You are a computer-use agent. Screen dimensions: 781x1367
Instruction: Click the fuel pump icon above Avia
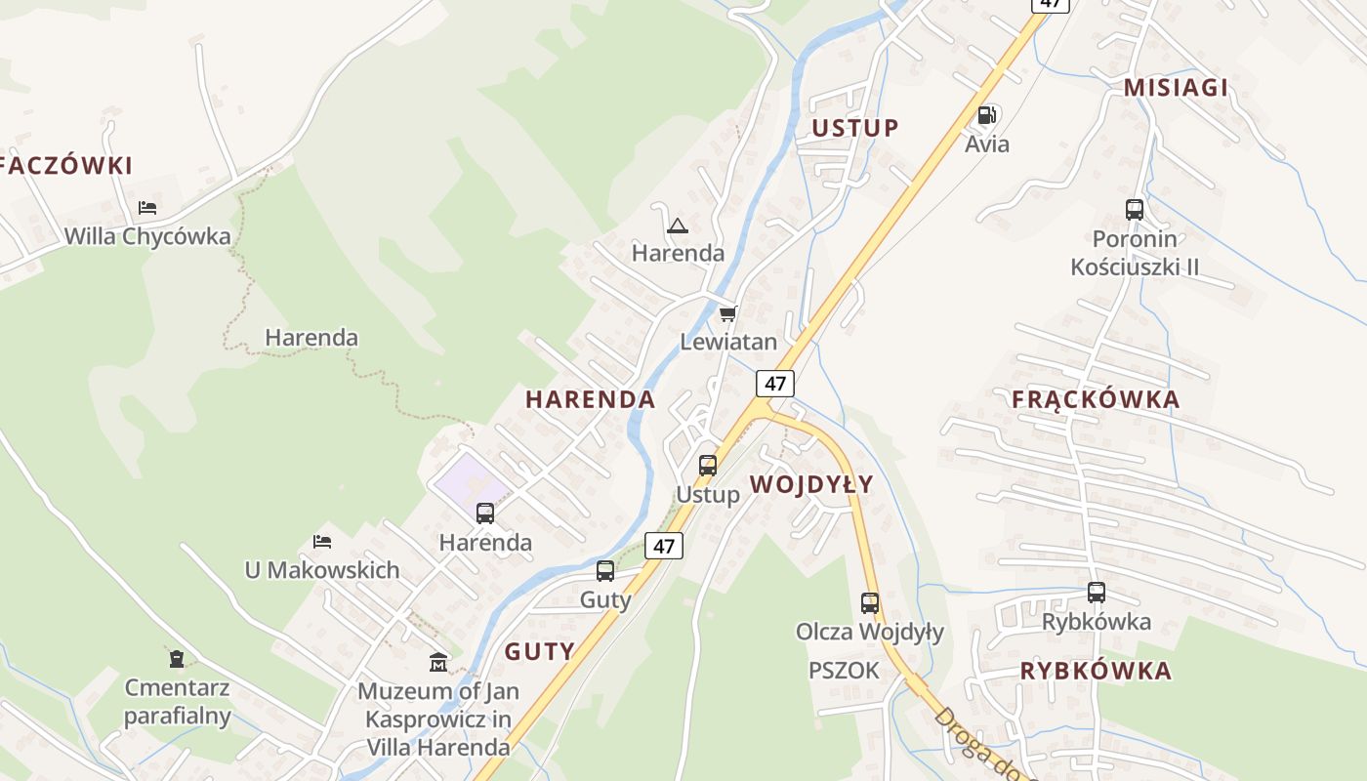coord(987,115)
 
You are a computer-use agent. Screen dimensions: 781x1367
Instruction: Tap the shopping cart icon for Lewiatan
coord(727,313)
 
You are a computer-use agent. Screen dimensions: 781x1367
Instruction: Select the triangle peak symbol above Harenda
coord(677,226)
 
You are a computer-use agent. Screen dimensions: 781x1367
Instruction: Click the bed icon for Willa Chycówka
coord(147,207)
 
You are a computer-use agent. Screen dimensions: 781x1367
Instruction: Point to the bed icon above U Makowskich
coord(322,541)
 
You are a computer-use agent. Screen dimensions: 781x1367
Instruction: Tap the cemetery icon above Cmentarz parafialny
coord(176,659)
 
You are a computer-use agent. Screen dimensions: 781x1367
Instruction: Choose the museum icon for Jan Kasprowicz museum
coord(438,663)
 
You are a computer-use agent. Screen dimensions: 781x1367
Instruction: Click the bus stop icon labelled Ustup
coord(708,466)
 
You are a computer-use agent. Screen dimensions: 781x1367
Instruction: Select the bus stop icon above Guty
coord(605,571)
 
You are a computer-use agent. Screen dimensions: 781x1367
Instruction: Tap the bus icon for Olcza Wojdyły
coord(870,603)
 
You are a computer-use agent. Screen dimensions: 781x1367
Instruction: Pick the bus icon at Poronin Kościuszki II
coord(1135,209)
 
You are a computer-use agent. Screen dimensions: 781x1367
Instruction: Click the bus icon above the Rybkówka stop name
coord(1097,593)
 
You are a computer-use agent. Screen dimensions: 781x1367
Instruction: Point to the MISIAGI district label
coord(1176,88)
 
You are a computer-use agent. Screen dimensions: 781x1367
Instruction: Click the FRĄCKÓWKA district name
coord(1096,399)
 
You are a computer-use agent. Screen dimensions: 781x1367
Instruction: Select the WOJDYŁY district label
coord(811,485)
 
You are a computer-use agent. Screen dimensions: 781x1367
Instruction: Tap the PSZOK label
coord(844,671)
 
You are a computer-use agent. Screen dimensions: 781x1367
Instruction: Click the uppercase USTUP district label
coord(855,128)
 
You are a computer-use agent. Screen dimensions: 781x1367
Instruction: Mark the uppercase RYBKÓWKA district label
coord(1096,671)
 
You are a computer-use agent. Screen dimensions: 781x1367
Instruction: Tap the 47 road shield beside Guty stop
coord(664,546)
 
